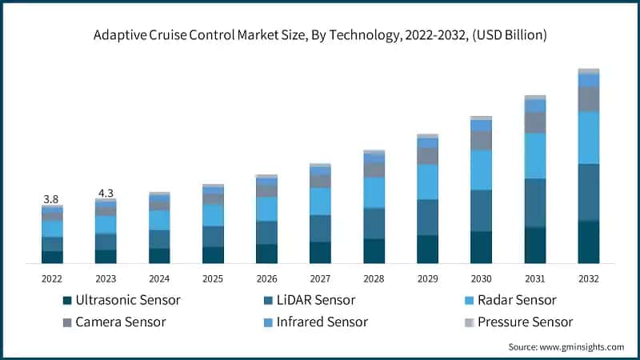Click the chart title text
point(320,34)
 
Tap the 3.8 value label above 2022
point(51,198)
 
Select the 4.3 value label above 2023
point(105,193)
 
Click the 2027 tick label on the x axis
point(320,278)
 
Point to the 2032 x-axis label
point(589,278)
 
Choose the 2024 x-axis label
point(159,278)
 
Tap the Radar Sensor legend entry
point(515,301)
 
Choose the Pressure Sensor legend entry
point(524,322)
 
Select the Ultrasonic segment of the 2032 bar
point(589,242)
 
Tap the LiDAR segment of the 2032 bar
point(589,192)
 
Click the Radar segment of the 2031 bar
point(535,155)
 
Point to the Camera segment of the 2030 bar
point(482,140)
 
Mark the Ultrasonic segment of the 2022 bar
point(52,257)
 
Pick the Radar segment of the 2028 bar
point(374,192)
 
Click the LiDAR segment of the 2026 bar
point(266,232)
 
